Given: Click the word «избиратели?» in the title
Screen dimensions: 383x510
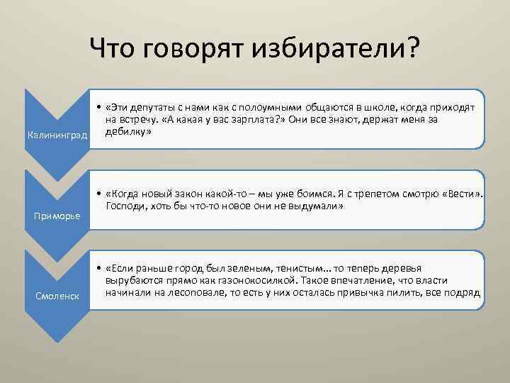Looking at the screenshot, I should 341,49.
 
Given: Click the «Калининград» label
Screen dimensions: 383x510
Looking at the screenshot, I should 56,135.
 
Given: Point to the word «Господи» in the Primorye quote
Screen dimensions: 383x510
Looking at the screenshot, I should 123,206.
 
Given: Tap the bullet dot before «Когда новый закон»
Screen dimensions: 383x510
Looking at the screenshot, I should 97,193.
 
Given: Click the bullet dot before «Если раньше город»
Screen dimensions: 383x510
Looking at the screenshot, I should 97,268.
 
